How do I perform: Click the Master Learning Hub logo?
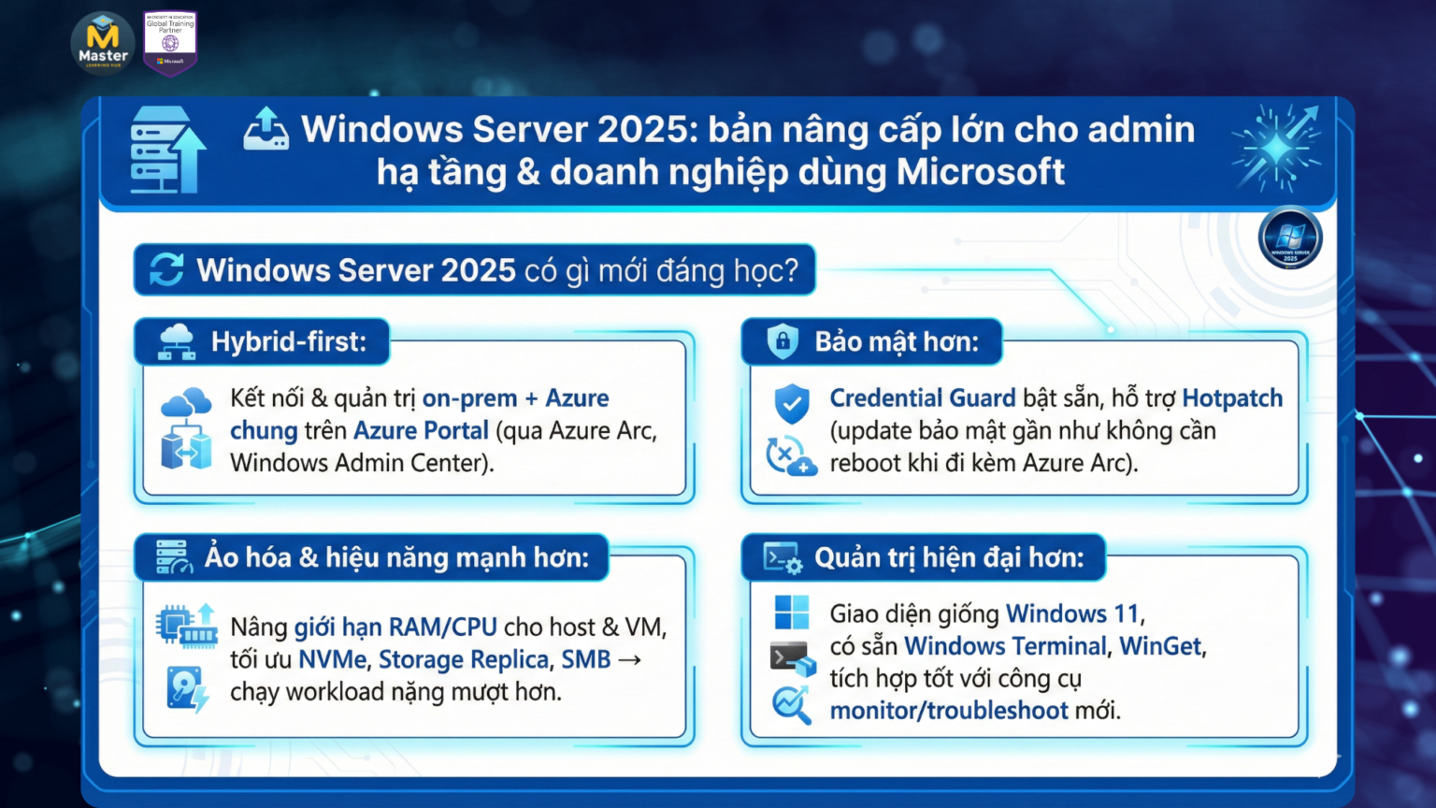(103, 42)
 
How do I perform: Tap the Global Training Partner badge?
(170, 42)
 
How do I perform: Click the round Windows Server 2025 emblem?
(1289, 238)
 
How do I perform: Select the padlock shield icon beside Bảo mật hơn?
(783, 341)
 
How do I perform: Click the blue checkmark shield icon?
(792, 403)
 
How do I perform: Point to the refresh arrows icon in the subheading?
(166, 269)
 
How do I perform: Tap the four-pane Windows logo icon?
(792, 613)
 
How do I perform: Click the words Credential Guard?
(922, 398)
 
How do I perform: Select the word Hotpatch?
(1231, 398)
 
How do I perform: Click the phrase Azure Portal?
(421, 430)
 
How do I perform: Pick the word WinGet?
(1160, 646)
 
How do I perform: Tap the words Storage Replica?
(463, 659)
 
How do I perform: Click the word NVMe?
(332, 659)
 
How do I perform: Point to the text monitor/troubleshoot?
(948, 711)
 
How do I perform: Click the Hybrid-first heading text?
(288, 341)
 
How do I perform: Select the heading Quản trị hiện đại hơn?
(948, 557)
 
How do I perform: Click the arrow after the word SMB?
(630, 659)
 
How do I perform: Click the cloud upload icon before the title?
(266, 129)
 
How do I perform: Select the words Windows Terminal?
(1005, 646)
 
